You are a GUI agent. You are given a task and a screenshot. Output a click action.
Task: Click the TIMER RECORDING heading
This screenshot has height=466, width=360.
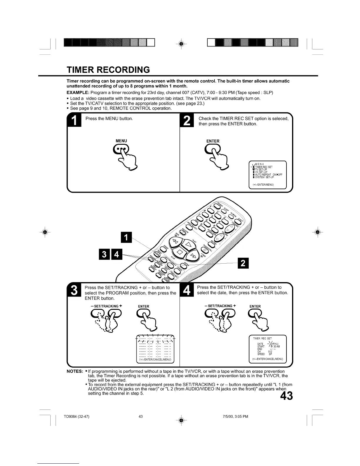[x=108, y=70]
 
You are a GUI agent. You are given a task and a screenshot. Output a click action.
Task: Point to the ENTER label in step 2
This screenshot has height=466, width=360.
[x=213, y=141]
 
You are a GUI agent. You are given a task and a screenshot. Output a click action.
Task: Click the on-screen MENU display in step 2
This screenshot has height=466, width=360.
[x=267, y=174]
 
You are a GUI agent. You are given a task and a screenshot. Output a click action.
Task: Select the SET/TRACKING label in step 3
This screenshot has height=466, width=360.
[x=106, y=306]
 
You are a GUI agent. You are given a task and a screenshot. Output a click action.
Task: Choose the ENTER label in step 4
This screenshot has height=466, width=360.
[x=255, y=306]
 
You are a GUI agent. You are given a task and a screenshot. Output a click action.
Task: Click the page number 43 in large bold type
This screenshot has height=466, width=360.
[x=286, y=396]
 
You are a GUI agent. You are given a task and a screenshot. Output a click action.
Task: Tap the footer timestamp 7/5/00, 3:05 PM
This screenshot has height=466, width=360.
[x=236, y=416]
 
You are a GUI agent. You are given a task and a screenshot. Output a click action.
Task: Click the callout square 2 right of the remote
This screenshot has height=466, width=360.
[x=243, y=263]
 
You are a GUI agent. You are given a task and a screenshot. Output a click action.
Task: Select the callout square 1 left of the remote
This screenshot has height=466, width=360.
[x=127, y=238]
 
